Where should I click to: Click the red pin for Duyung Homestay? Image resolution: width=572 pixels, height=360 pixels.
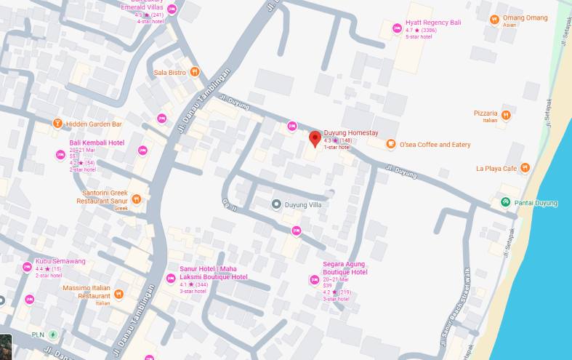(315, 138)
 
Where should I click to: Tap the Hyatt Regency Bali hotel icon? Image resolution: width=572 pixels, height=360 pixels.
(397, 28)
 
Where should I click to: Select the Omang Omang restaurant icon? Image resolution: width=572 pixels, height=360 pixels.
(494, 19)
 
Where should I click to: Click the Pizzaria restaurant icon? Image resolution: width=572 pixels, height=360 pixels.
(506, 115)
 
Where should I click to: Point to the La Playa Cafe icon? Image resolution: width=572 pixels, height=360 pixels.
(525, 168)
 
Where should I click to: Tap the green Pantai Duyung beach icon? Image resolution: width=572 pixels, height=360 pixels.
(505, 202)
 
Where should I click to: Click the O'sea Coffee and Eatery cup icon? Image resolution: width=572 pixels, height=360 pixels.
(391, 145)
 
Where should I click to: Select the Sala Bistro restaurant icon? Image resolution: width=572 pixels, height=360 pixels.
(195, 72)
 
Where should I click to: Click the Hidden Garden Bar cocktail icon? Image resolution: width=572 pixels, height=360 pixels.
(57, 124)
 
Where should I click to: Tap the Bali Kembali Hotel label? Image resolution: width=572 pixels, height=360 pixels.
(96, 143)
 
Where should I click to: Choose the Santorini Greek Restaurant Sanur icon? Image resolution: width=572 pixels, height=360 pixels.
(136, 198)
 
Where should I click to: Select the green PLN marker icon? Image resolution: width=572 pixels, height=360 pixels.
(53, 335)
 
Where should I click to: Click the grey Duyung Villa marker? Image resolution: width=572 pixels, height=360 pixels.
(276, 204)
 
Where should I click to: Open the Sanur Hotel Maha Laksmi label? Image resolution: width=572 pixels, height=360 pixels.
(213, 273)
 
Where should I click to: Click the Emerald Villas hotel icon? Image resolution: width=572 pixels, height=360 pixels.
(172, 9)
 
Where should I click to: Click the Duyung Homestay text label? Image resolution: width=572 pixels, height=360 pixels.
(351, 132)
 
